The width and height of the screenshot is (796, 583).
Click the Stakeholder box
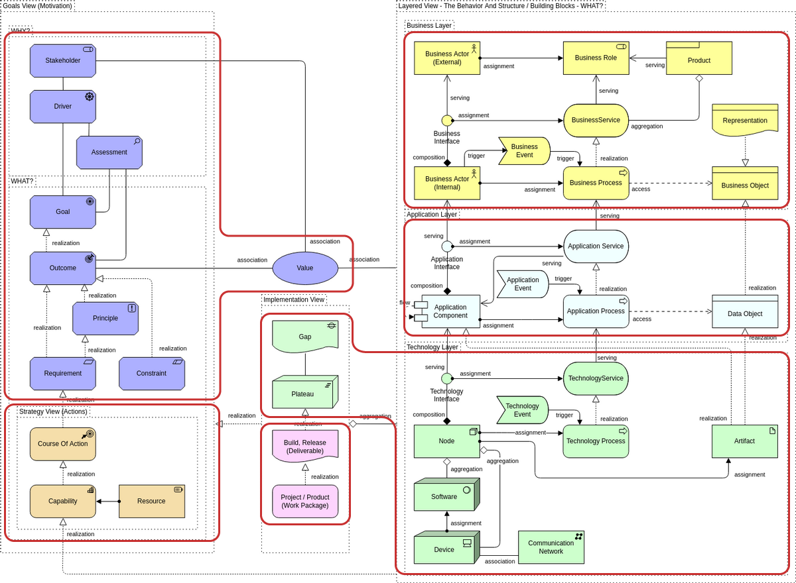pyautogui.click(x=63, y=60)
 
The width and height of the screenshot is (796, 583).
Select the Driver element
pyautogui.click(x=63, y=106)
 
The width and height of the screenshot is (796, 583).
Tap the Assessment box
pyautogui.click(x=109, y=152)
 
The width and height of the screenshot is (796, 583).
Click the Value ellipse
pyautogui.click(x=305, y=268)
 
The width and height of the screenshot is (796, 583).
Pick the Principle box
pyautogui.click(x=105, y=318)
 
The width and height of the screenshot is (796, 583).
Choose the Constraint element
pyautogui.click(x=152, y=373)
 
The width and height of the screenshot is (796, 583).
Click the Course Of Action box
pyautogui.click(x=63, y=444)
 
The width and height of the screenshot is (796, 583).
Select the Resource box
pyautogui.click(x=151, y=501)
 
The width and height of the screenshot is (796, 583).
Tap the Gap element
pyautogui.click(x=305, y=337)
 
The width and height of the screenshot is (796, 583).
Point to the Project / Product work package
pyautogui.click(x=305, y=502)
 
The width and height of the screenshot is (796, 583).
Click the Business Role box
pyautogui.click(x=596, y=58)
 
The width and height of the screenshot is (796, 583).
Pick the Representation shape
pyautogui.click(x=745, y=120)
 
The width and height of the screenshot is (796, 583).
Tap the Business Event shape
pyautogui.click(x=524, y=151)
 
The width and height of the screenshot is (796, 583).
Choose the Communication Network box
pyautogui.click(x=551, y=547)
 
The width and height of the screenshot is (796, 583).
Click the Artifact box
pyautogui.click(x=744, y=441)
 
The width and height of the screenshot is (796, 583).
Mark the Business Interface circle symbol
pyautogui.click(x=447, y=120)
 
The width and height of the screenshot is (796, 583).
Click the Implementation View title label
pyautogui.click(x=294, y=299)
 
